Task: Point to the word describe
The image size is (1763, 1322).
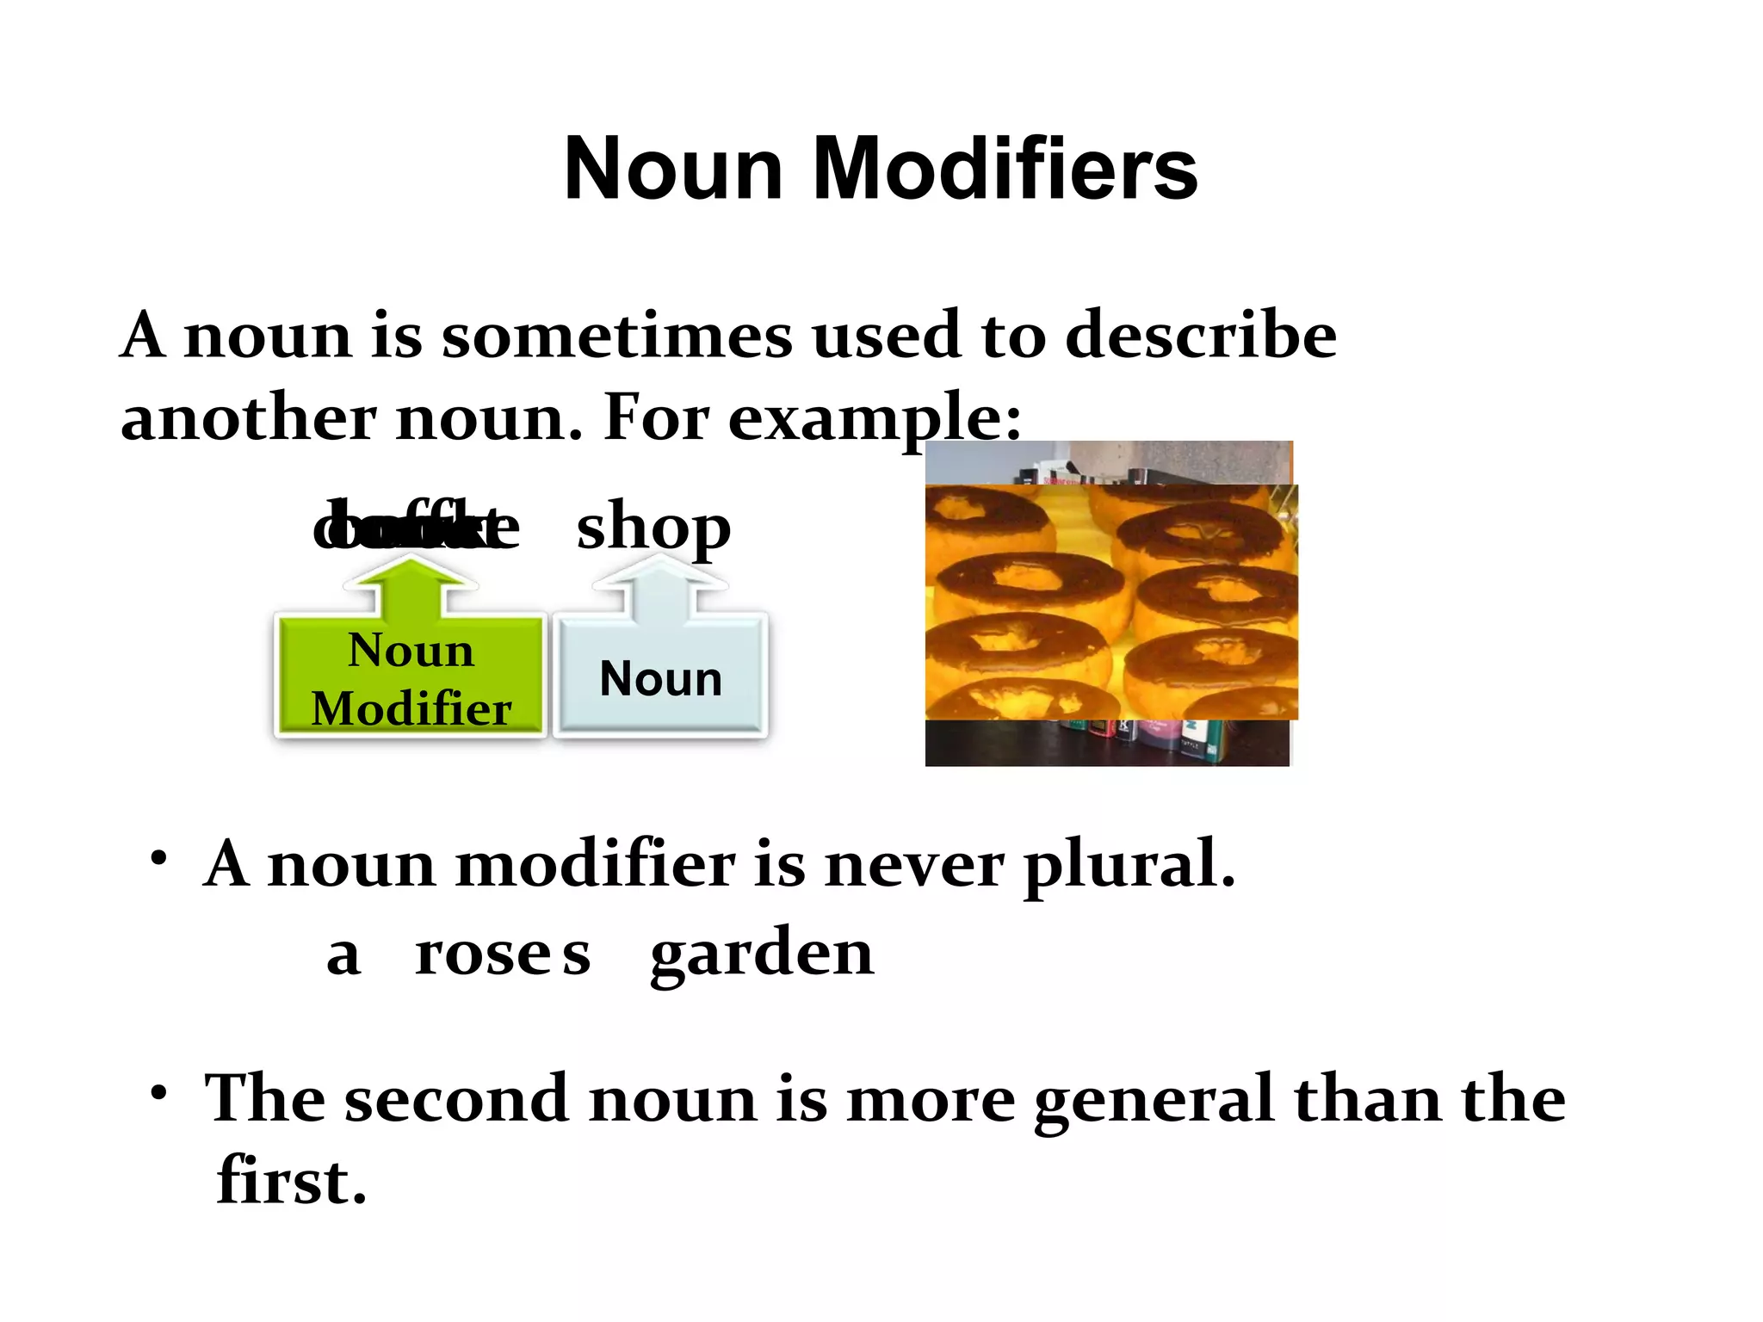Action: coord(1201,336)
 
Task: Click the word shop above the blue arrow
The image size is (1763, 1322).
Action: coord(653,528)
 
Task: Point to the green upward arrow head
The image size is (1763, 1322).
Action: coord(410,571)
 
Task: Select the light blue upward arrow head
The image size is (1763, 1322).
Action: coord(659,571)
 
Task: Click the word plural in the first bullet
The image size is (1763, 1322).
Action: coord(1129,865)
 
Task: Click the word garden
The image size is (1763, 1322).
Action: coord(762,955)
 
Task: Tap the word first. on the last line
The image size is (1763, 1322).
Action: coord(291,1181)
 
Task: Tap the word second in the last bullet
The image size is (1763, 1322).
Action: coord(456,1100)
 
